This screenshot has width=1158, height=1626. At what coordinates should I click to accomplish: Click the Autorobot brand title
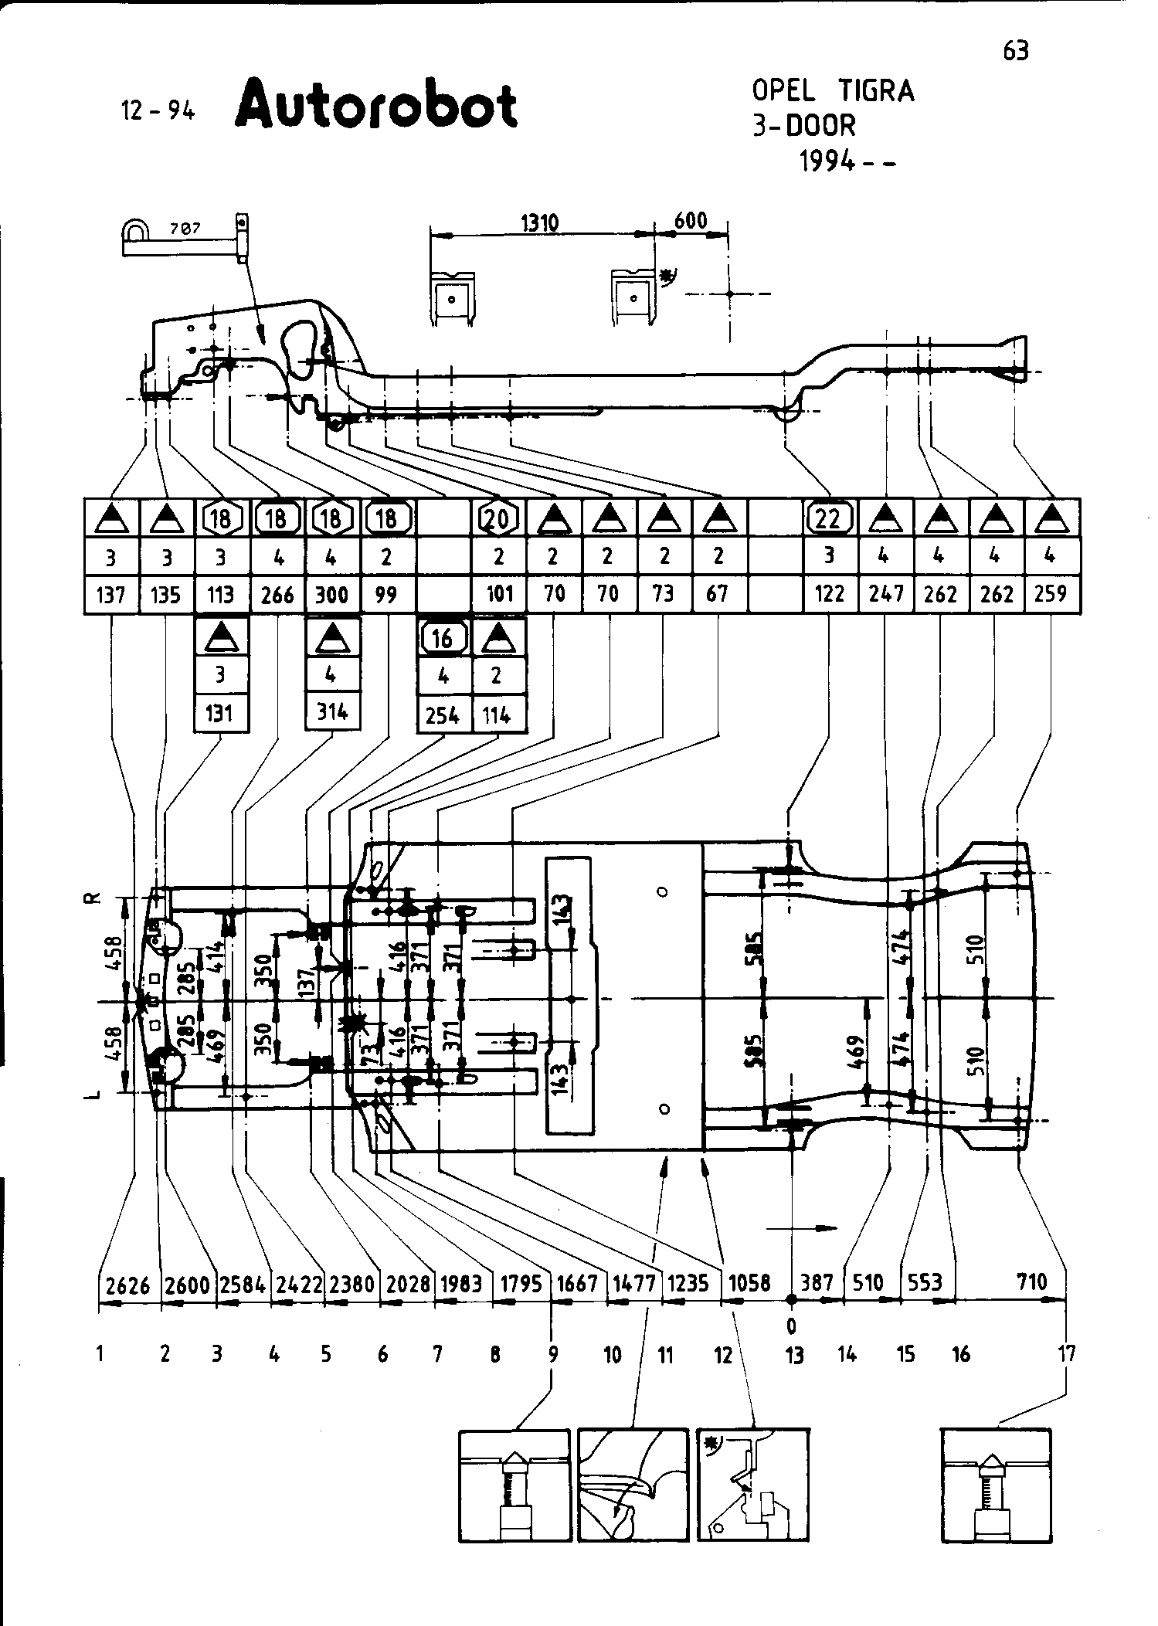click(376, 106)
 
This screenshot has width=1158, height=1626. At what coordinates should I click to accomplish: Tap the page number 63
click(1016, 51)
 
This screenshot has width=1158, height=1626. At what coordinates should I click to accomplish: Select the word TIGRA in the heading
click(876, 91)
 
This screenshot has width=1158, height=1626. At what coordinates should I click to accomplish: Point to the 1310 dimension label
click(540, 223)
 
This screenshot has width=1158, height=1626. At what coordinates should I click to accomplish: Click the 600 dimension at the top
click(691, 220)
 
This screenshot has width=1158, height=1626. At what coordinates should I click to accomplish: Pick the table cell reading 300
click(332, 594)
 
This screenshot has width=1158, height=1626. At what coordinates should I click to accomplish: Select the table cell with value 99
click(385, 594)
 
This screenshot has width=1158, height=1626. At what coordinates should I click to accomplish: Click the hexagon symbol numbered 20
click(498, 518)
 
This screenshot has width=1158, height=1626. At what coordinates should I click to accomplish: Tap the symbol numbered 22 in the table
click(829, 518)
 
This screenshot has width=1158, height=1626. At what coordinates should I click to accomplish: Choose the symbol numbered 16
click(443, 637)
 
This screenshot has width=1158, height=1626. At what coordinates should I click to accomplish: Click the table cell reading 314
click(332, 711)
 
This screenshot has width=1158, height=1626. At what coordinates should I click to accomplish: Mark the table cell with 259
click(1051, 593)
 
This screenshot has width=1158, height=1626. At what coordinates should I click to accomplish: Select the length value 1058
click(749, 1283)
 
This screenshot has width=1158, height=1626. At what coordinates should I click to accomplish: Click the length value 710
click(1031, 1282)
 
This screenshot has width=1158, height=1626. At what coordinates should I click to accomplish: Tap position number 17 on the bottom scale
click(1067, 1354)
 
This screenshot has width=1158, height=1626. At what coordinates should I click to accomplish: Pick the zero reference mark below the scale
click(791, 1326)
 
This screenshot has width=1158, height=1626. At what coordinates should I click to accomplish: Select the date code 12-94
click(158, 111)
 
